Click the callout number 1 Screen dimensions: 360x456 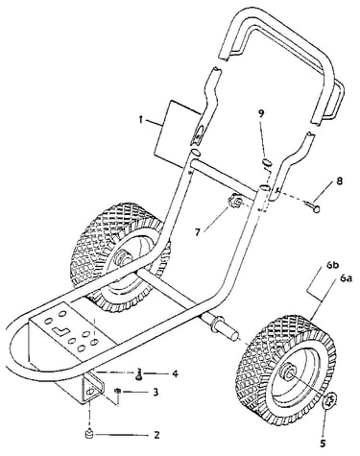(x=140, y=120)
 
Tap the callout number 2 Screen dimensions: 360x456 (x=156, y=435)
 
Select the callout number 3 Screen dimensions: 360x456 (x=156, y=392)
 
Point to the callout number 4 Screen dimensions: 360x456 (x=175, y=373)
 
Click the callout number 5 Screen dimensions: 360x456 (x=323, y=444)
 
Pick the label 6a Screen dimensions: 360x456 (x=347, y=278)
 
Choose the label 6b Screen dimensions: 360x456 (x=332, y=265)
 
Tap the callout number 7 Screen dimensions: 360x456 (x=198, y=231)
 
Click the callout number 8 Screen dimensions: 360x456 (x=339, y=181)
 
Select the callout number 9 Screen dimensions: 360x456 (x=262, y=113)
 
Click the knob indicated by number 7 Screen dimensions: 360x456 (x=235, y=203)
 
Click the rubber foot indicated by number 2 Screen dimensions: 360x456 (x=87, y=434)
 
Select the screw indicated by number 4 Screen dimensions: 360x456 (x=139, y=374)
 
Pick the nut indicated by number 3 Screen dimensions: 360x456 (x=118, y=391)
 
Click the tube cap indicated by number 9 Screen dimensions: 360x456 (x=268, y=161)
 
